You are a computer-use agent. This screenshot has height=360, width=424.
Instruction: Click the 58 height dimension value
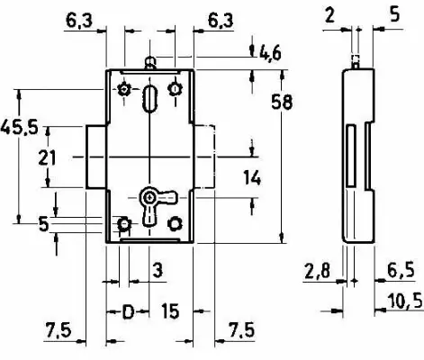282,102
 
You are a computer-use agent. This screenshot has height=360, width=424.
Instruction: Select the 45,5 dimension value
19,127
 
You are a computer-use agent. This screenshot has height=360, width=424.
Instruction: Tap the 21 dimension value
47,157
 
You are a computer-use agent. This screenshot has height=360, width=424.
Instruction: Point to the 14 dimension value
252,177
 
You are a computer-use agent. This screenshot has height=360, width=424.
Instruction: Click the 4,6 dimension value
270,54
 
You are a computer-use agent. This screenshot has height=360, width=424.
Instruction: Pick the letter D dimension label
129,311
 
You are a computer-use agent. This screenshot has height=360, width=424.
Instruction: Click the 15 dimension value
170,310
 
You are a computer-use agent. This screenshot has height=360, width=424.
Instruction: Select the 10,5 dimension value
405,301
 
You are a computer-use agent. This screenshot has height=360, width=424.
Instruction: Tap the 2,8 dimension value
317,271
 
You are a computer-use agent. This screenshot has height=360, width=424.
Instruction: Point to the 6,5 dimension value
401,270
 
